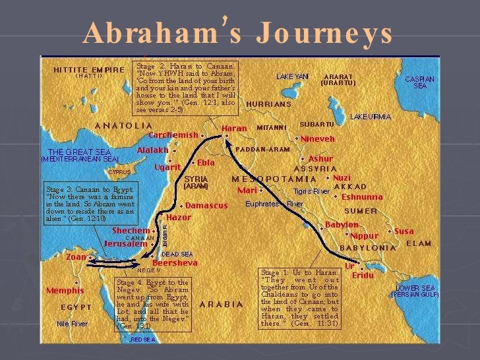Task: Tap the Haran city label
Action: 235,129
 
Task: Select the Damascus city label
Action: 206,206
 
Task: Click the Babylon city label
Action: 342,225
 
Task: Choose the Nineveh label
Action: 318,139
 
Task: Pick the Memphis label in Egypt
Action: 65,290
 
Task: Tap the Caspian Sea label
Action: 419,82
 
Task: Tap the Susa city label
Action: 404,231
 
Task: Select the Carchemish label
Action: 173,135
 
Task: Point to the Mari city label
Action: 247,190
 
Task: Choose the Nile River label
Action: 72,324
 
